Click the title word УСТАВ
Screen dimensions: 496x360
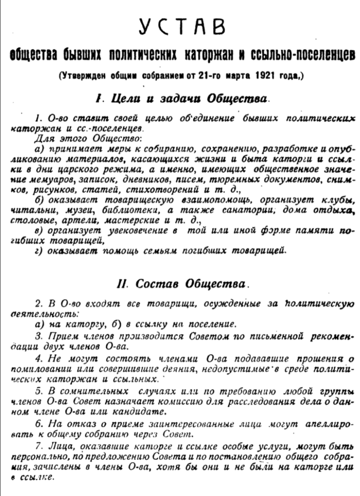[x=182, y=27]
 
